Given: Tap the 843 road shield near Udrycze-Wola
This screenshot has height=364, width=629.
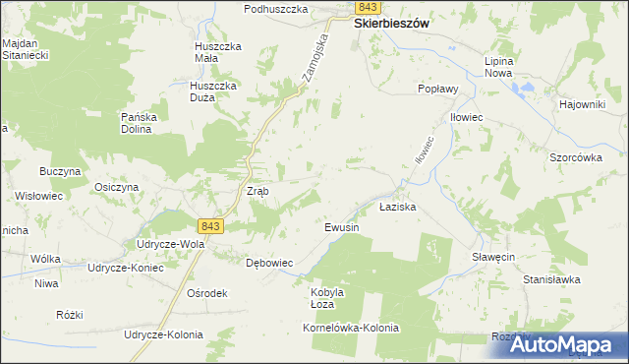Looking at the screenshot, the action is tap(210, 226).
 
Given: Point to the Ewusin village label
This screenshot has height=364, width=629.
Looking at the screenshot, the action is tap(343, 227).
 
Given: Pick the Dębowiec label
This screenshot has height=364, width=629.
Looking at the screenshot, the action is tap(269, 263).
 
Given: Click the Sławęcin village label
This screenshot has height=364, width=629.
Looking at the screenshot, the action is tap(482, 255).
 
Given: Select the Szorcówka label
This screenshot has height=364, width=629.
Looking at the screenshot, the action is tap(576, 156).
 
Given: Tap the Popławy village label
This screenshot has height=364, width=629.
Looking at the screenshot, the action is tap(438, 88).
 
